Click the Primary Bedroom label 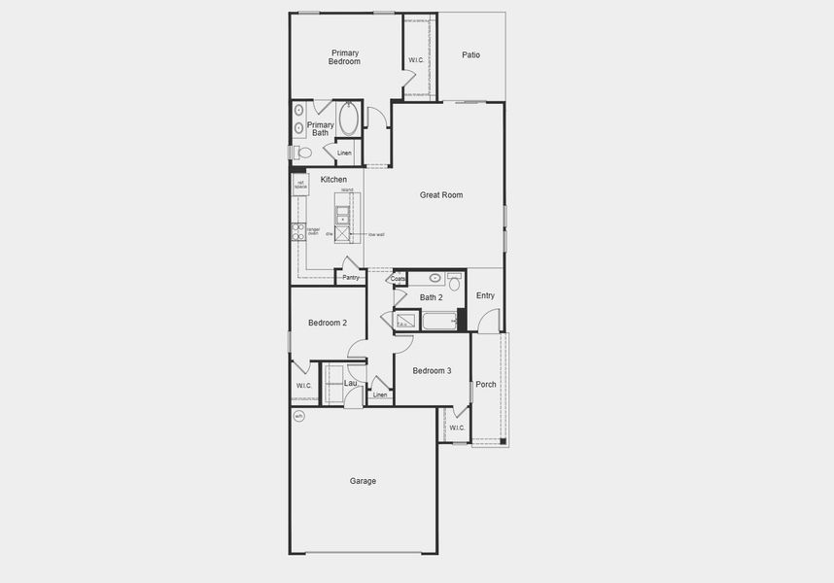345,57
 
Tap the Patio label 470,55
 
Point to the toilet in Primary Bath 301,153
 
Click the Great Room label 441,195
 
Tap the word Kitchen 333,180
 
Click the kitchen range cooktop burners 298,231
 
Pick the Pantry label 351,278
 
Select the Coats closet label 399,279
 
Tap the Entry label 485,295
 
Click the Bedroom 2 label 328,323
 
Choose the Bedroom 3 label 432,370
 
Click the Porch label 486,384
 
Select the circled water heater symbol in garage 299,416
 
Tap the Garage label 363,481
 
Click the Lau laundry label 351,383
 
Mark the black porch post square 503,442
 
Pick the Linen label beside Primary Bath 344,154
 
